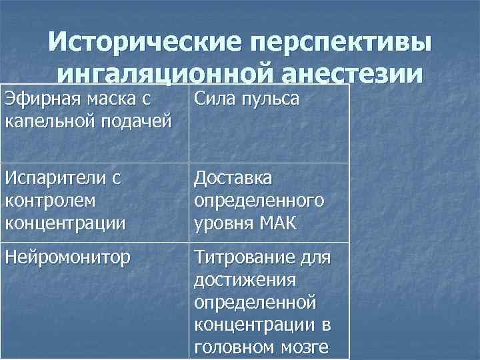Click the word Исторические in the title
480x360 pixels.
(x=141, y=43)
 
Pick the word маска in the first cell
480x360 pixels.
(x=107, y=100)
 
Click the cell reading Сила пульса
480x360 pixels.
(x=246, y=100)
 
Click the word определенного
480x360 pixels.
(x=259, y=201)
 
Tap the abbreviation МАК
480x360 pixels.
(x=280, y=223)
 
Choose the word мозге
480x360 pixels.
(x=308, y=347)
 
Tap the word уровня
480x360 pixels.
(x=222, y=223)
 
